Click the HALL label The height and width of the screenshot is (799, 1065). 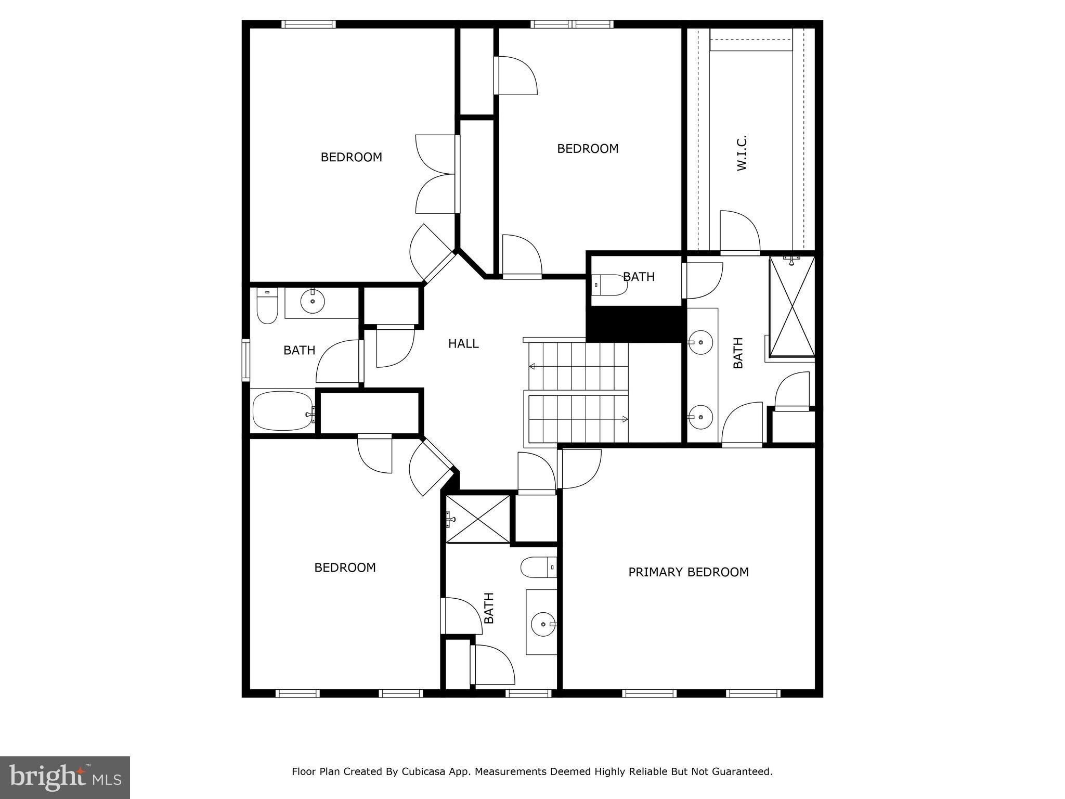[x=463, y=344]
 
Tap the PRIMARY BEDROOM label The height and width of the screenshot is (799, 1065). [x=688, y=572]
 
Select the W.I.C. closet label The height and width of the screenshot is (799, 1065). [x=742, y=153]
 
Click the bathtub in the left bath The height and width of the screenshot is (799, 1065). [x=283, y=411]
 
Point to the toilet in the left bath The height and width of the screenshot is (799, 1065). [x=267, y=307]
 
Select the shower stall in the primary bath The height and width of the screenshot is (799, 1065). [x=792, y=307]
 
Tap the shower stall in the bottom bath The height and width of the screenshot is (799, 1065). [x=478, y=519]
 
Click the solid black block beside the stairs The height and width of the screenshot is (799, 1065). [x=634, y=324]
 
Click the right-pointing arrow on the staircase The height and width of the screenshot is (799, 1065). [x=625, y=419]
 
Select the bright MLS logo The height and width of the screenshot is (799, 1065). [x=65, y=778]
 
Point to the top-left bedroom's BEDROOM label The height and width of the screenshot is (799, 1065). [x=351, y=157]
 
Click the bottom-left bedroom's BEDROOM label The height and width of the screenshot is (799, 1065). [x=345, y=568]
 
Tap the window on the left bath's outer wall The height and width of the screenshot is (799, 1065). [x=246, y=360]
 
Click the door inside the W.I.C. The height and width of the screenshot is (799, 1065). [x=740, y=232]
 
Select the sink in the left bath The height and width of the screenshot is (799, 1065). [x=313, y=301]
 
